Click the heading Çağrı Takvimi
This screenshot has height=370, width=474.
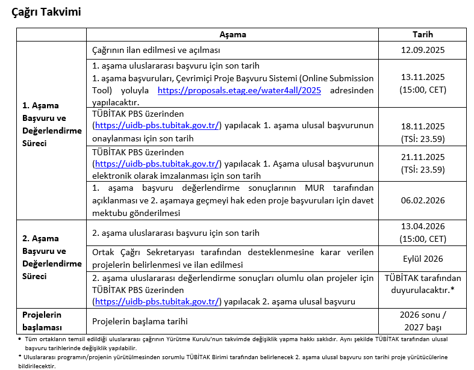(46, 12)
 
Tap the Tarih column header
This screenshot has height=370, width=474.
(422, 35)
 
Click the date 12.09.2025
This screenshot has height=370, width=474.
(422, 50)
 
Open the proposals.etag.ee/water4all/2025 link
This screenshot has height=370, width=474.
(239, 90)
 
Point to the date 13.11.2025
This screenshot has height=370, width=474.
(422, 78)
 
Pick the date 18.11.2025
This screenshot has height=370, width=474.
(422, 126)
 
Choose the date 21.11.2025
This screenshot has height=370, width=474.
(422, 157)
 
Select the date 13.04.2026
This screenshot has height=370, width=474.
(422, 227)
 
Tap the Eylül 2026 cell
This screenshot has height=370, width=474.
(422, 259)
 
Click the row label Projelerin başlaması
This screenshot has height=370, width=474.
(42, 321)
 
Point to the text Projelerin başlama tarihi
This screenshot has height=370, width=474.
(140, 321)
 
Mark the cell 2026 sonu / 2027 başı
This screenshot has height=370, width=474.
(422, 321)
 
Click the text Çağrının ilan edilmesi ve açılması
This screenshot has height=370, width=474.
(156, 50)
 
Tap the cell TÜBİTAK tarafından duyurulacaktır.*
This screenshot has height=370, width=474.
(422, 283)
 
